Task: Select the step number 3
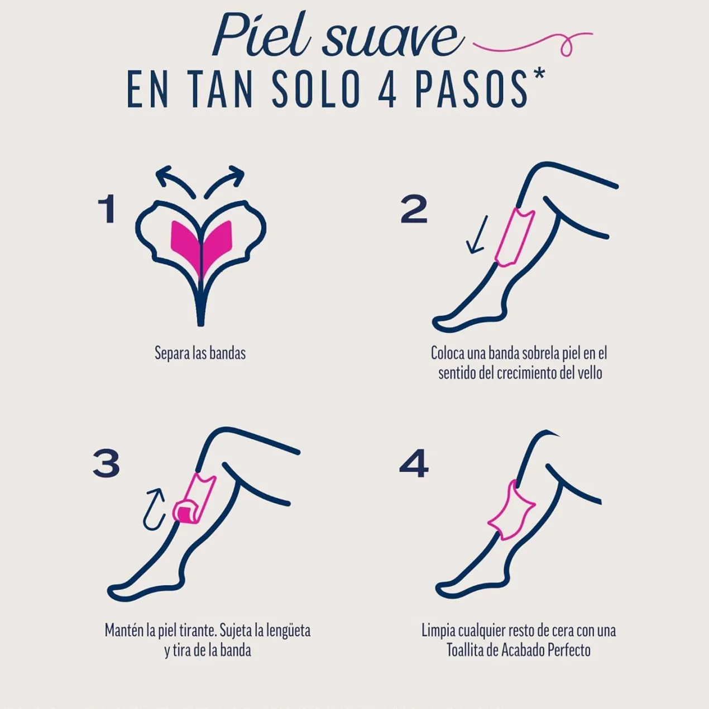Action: (x=106, y=464)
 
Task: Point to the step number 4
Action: (x=414, y=464)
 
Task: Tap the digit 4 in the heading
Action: (x=387, y=90)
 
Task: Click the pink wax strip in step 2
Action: (x=514, y=237)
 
